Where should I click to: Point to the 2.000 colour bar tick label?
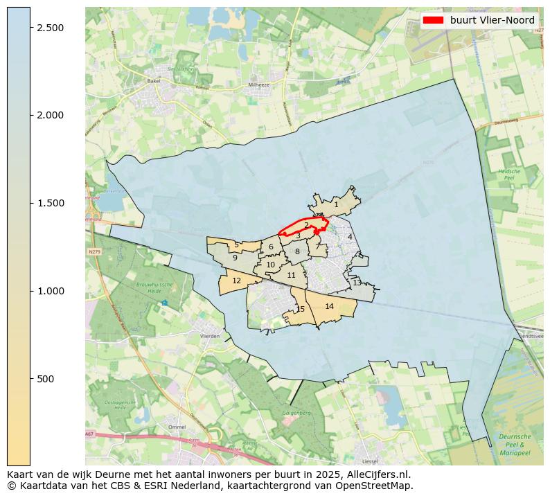click(50, 115)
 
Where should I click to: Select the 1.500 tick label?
click(50, 203)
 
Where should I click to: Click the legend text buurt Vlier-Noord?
click(492, 20)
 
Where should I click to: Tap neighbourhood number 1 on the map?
click(336, 204)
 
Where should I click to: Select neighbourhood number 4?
click(350, 237)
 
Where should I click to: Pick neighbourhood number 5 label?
click(236, 244)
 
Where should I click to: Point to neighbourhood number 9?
click(235, 258)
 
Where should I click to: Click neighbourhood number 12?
click(236, 281)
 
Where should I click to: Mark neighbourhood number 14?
click(329, 306)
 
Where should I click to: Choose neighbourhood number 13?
click(357, 283)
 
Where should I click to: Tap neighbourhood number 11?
click(291, 275)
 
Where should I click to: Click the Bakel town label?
click(153, 81)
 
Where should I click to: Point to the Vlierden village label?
click(209, 336)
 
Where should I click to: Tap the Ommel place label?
click(177, 427)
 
